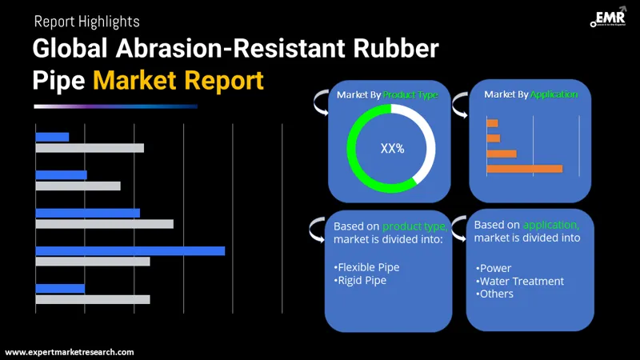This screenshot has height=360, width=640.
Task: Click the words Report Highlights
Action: tap(86, 22)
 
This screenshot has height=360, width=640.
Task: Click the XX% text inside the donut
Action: tap(392, 148)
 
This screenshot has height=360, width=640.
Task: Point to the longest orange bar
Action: tap(524, 169)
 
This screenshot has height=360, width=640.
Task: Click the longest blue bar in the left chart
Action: tap(130, 250)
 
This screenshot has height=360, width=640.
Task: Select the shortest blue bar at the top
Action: tap(52, 137)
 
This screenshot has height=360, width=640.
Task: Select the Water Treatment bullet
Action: tap(520, 281)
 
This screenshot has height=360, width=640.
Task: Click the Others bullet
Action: tap(495, 294)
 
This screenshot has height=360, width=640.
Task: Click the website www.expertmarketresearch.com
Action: tap(70, 352)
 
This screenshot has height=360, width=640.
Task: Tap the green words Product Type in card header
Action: tap(410, 94)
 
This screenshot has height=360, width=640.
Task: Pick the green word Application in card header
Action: tap(553, 94)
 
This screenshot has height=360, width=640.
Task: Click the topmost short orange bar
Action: tap(492, 123)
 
